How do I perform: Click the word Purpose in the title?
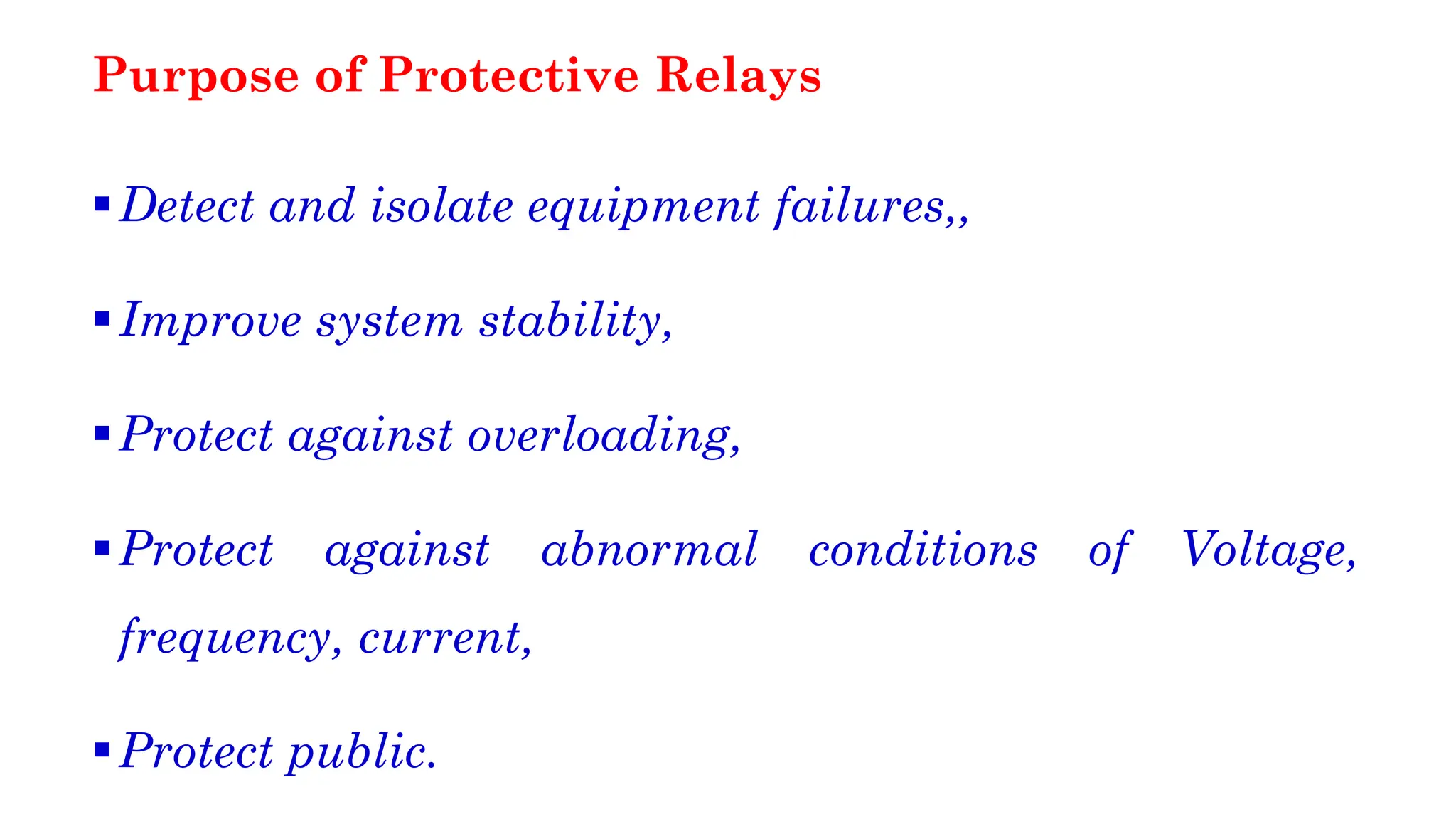click(196, 75)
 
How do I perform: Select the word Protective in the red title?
click(509, 75)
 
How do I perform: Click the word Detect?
click(187, 206)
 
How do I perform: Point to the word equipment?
click(643, 208)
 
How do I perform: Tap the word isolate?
click(441, 206)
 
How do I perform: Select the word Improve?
click(210, 321)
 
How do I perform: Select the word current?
click(440, 638)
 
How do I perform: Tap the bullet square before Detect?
click(102, 205)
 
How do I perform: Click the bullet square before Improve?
click(102, 318)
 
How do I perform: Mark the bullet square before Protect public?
click(102, 749)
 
